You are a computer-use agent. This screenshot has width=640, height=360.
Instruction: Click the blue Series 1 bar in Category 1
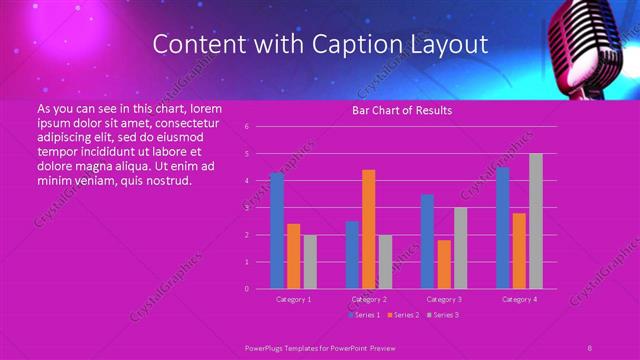277,231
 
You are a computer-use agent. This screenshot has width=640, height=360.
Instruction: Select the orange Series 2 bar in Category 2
368,229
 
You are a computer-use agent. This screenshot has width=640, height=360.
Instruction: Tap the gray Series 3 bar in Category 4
536,221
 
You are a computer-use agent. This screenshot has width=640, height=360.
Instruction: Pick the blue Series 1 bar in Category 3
427,241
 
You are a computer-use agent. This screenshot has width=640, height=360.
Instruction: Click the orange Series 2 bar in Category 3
444,264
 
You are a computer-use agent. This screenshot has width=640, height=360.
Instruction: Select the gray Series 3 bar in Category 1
310,262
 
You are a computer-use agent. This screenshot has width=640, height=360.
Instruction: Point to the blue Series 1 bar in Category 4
503,228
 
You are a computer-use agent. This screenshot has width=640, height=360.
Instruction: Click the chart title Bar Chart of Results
402,111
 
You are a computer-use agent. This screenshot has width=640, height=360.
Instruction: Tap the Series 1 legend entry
362,315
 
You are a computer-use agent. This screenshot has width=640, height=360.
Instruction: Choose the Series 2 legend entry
402,315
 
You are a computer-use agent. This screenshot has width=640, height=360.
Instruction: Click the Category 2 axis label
369,299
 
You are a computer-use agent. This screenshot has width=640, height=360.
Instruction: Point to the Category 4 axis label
519,299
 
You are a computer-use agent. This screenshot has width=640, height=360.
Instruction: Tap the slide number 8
590,347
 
